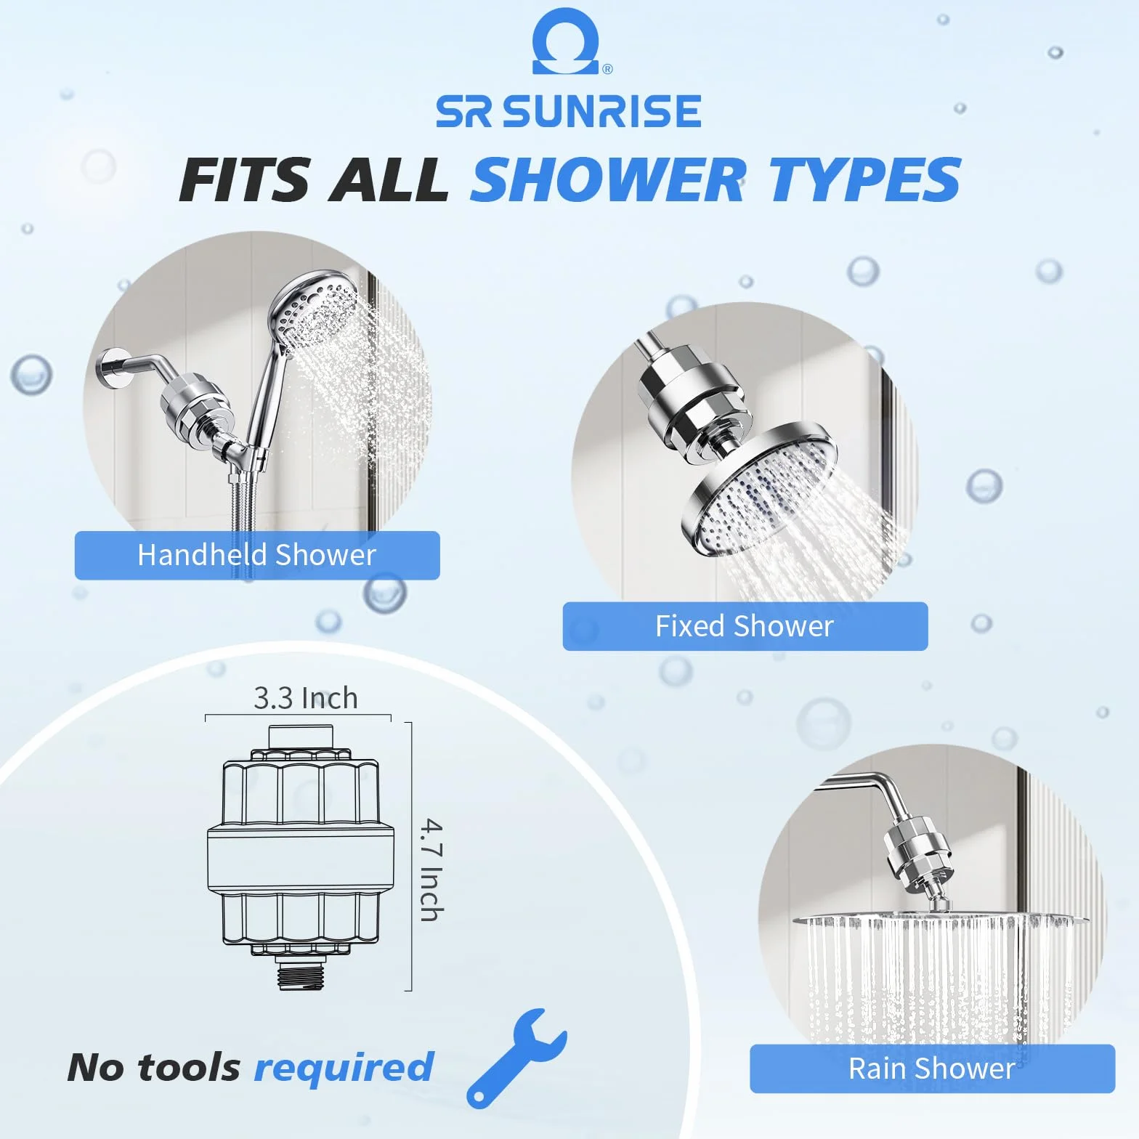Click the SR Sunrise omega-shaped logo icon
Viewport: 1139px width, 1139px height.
567,42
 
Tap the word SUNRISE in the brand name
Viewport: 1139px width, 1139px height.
601,111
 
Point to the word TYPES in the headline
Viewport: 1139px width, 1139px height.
865,179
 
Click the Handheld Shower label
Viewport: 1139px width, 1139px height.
256,555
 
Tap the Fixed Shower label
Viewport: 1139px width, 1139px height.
745,626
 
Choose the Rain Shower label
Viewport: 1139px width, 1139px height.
932,1069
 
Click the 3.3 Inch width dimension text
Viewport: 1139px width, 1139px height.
306,698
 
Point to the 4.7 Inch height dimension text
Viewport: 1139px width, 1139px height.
431,870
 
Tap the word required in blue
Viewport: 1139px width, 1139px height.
344,1068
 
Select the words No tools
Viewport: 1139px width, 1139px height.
153,1068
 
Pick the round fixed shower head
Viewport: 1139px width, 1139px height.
760,490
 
